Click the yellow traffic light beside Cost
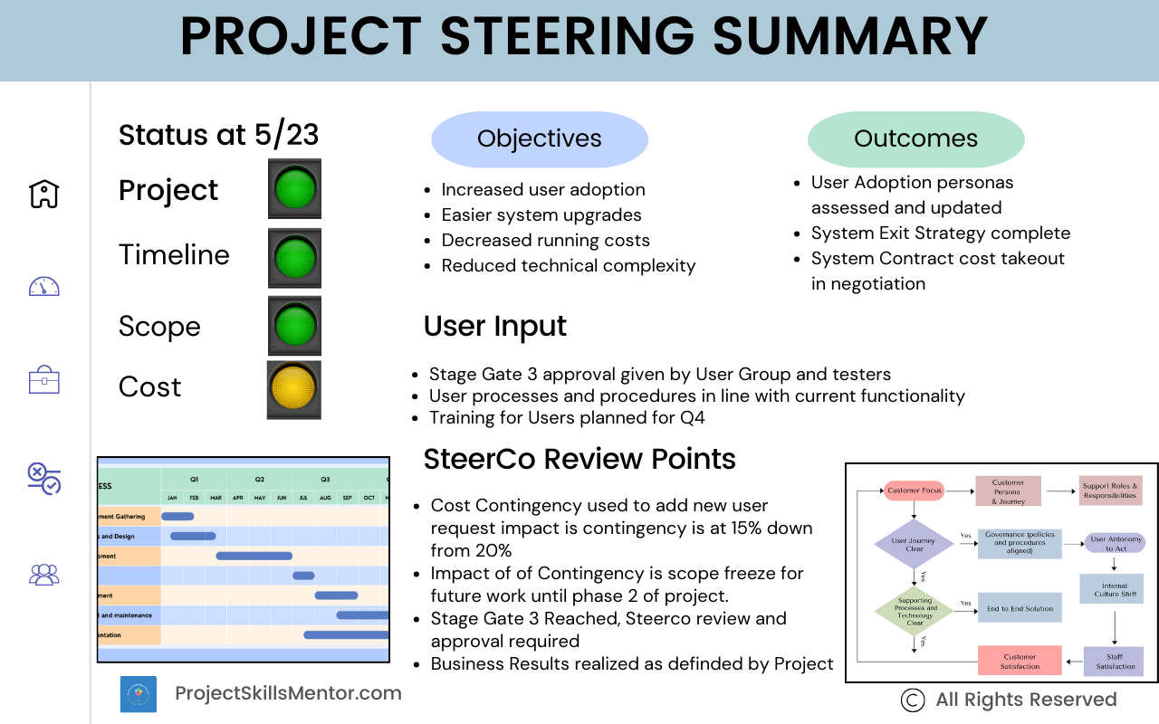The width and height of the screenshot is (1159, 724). pyautogui.click(x=294, y=389)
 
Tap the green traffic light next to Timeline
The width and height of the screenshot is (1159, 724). pyautogui.click(x=294, y=258)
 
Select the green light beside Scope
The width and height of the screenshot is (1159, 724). pyautogui.click(x=294, y=326)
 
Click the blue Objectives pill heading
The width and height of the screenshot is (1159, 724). pyautogui.click(x=540, y=138)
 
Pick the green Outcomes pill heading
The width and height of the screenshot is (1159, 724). pyautogui.click(x=915, y=138)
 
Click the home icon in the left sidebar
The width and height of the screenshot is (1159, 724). pyautogui.click(x=43, y=193)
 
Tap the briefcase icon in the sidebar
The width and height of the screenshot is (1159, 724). pyautogui.click(x=43, y=381)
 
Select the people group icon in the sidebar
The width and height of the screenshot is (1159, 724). pyautogui.click(x=43, y=574)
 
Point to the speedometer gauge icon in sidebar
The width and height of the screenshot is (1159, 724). pyautogui.click(x=43, y=287)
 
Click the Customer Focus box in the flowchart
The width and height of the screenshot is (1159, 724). pyautogui.click(x=914, y=491)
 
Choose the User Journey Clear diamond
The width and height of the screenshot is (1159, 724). pyautogui.click(x=914, y=543)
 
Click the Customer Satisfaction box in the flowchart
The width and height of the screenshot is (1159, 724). pyautogui.click(x=1020, y=661)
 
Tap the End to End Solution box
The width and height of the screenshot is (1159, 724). pyautogui.click(x=1020, y=608)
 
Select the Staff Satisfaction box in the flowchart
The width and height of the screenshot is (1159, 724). pyautogui.click(x=1115, y=661)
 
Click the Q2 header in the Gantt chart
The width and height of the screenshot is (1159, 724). pyautogui.click(x=260, y=479)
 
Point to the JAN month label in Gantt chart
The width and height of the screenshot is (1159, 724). pyautogui.click(x=172, y=498)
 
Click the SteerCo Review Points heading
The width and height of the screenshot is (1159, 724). pyautogui.click(x=579, y=459)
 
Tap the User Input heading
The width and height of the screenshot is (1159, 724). pyautogui.click(x=495, y=326)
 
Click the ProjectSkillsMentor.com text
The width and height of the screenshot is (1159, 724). pyautogui.click(x=288, y=693)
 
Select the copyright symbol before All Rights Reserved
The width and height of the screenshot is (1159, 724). pyautogui.click(x=913, y=700)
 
